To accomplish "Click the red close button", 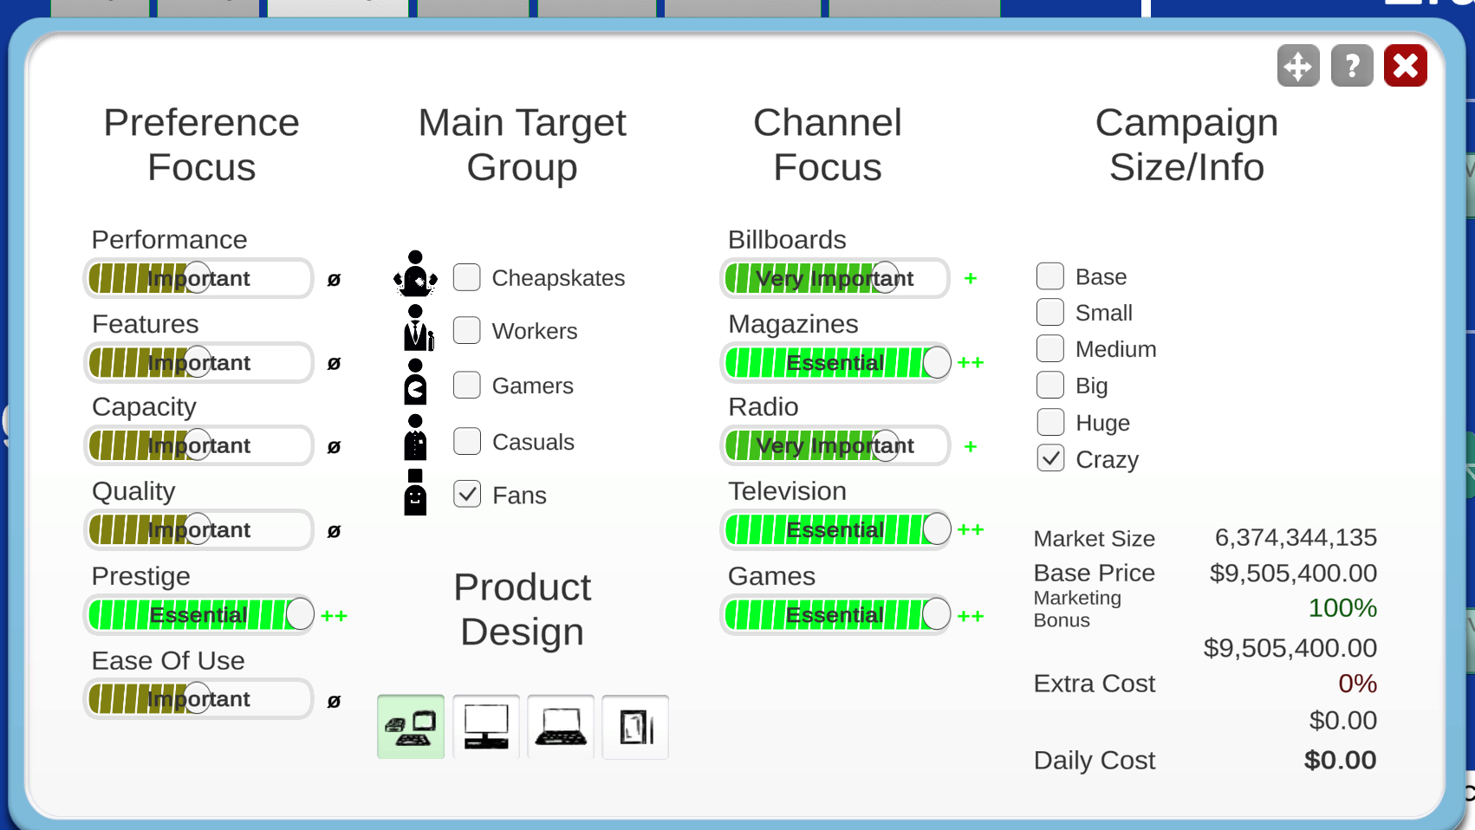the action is [x=1405, y=66].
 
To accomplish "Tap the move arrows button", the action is [x=1298, y=66].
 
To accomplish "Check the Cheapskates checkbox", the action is [x=467, y=277].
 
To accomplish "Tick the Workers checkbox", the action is [x=467, y=330].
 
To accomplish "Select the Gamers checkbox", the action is [x=467, y=385].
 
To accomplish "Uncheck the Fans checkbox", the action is [x=467, y=495].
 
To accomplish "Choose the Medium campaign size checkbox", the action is [x=1050, y=349].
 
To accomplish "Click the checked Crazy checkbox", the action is [x=1050, y=459].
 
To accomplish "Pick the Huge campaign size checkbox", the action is [x=1050, y=422].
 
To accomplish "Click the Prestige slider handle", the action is [x=300, y=614].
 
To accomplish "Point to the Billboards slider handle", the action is [x=886, y=278].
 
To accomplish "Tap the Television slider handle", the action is [x=936, y=529].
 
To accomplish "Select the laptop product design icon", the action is [x=561, y=727].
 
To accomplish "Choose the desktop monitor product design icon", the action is [x=486, y=727].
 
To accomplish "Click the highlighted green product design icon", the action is [x=411, y=727].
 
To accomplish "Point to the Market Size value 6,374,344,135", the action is [x=1296, y=538].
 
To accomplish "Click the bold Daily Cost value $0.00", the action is [x=1340, y=760].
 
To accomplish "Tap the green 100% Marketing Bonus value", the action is [x=1342, y=608].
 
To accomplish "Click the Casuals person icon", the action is [x=415, y=437].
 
